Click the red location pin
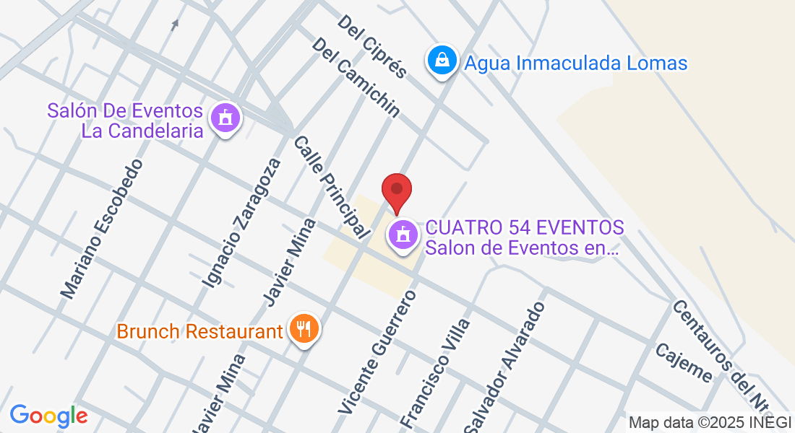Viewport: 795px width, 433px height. coord(397,192)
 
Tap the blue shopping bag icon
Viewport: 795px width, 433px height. coord(442,61)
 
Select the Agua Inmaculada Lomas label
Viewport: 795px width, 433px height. coord(575,64)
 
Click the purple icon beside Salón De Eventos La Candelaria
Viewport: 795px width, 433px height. coord(225,119)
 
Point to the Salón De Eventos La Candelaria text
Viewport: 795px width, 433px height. coord(125,121)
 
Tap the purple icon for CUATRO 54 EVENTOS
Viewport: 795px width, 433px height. coord(403,237)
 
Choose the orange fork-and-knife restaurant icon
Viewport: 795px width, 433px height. coord(304,331)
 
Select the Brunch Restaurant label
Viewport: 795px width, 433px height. coord(199,332)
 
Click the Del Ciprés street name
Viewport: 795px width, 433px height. coord(372,46)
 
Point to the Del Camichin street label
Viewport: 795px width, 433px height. coord(356,77)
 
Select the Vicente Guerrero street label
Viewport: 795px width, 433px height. coord(377,351)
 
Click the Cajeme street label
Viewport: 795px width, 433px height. coord(683,362)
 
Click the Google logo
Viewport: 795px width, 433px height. coord(48,415)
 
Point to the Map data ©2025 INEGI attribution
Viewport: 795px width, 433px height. coord(710,423)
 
